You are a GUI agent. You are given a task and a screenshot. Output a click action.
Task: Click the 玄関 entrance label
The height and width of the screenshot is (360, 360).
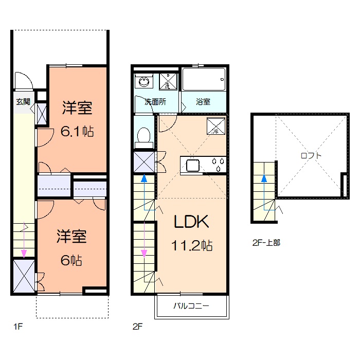pos(23,102)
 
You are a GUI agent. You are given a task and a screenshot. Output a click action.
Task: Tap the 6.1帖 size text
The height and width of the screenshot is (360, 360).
pos(77,132)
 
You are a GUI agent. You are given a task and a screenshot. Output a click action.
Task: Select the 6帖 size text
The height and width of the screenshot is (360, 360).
pos(71,260)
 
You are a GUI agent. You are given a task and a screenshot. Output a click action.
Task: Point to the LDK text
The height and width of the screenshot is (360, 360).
pos(191,222)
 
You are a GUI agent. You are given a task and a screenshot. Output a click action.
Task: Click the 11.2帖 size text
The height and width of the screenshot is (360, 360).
pos(192,245)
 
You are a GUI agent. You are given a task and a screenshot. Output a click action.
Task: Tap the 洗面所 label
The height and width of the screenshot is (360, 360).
pos(155,102)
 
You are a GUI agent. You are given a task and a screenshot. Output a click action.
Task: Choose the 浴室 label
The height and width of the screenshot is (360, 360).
pos(203,102)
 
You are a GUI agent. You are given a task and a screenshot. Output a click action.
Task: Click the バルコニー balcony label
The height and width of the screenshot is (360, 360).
pos(191,306)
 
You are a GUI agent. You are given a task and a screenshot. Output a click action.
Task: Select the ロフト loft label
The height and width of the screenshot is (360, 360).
pos(311,156)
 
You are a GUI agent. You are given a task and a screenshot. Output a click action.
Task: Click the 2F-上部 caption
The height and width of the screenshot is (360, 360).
pos(266,243)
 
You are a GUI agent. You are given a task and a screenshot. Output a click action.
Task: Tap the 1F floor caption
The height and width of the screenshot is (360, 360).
pos(18,326)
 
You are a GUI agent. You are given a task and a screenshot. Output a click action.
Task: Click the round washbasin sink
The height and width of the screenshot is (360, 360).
pos(143,81)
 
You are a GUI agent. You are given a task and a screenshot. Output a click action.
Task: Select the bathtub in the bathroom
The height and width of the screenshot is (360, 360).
pos(204,79)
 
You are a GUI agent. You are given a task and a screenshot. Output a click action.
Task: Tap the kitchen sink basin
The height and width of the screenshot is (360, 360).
pos(193,166)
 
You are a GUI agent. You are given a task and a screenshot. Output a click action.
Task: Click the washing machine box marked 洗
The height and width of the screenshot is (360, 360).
pos(168,81)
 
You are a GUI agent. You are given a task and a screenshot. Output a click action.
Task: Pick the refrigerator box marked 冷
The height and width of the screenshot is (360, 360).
pos(216,126)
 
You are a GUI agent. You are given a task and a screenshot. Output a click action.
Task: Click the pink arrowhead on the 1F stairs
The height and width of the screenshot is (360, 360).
pos(24,254)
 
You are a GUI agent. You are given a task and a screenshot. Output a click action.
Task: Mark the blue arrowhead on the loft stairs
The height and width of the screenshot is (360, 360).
pos(264,178)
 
